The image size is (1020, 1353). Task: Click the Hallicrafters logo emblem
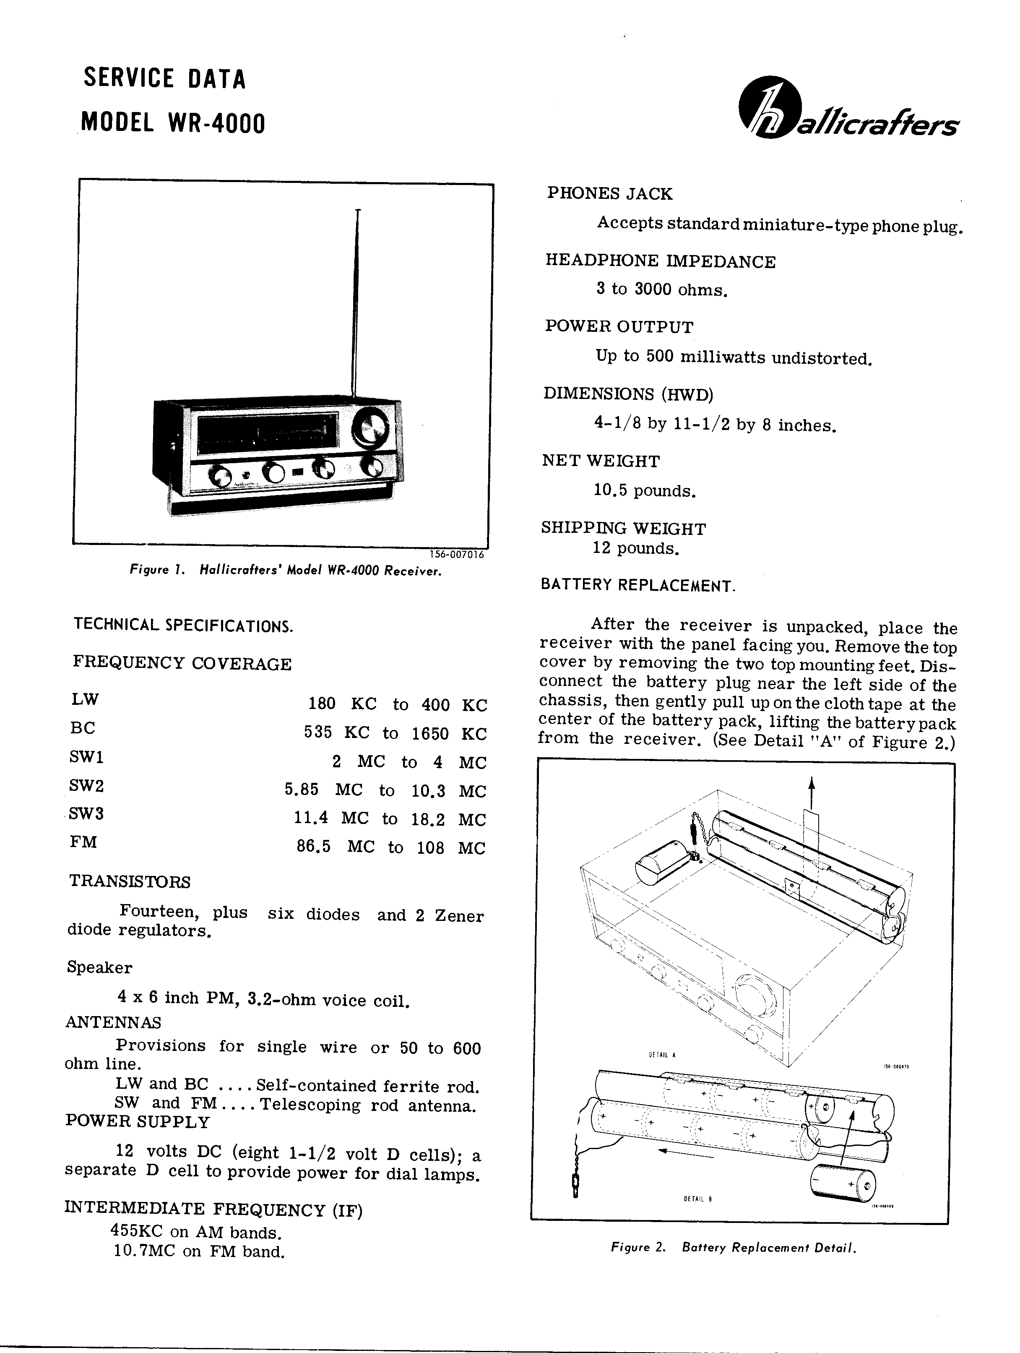[x=765, y=107]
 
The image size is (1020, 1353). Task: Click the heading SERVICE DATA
[x=164, y=79]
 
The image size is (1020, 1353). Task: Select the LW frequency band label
[x=84, y=699]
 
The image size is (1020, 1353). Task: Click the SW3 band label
[x=87, y=813]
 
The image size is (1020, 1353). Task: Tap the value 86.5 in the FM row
[x=314, y=847]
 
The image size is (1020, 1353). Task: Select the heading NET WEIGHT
[x=601, y=461]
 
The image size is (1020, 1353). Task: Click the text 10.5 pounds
[x=645, y=490]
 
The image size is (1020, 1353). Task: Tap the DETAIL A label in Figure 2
[x=662, y=1055]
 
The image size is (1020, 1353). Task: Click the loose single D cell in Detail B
[x=843, y=1184]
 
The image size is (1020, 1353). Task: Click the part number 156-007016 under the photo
[x=456, y=555]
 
